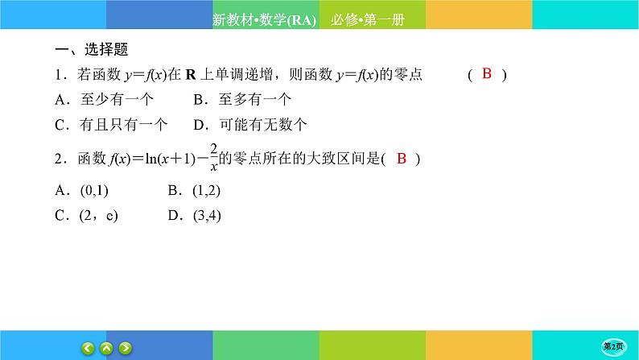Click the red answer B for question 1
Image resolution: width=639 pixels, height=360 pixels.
pos(486,74)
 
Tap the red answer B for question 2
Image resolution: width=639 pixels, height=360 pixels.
pos(402,159)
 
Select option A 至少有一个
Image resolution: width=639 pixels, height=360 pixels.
pos(104,100)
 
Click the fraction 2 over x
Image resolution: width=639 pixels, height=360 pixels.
pos(214,159)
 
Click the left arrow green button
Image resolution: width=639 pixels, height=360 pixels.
pos(89,348)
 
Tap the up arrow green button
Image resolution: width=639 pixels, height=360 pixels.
pos(107,348)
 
